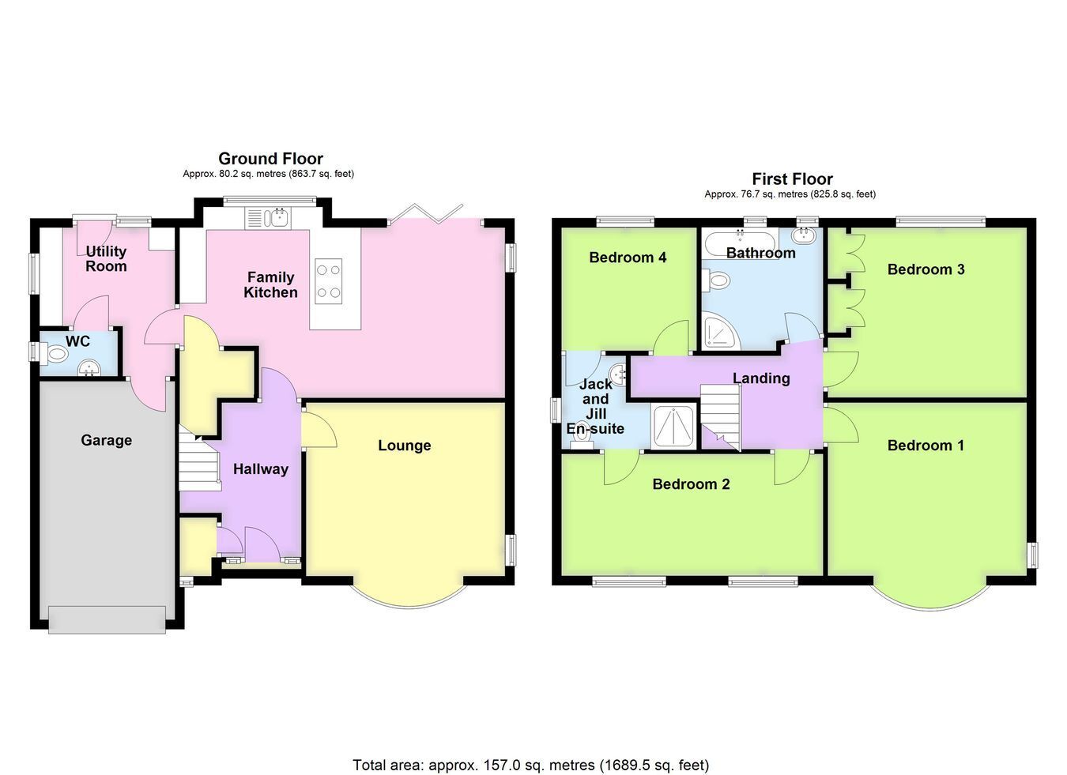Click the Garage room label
point(106,440)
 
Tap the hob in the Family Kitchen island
point(329,281)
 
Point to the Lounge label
point(405,446)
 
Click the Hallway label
point(261,469)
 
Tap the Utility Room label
point(106,258)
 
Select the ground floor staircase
point(200,458)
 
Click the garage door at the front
point(107,620)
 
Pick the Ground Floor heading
point(270,159)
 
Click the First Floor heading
point(792,179)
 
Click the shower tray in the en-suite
point(673,427)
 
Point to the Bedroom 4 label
point(628,258)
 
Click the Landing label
point(761,378)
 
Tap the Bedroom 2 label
point(691,484)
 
